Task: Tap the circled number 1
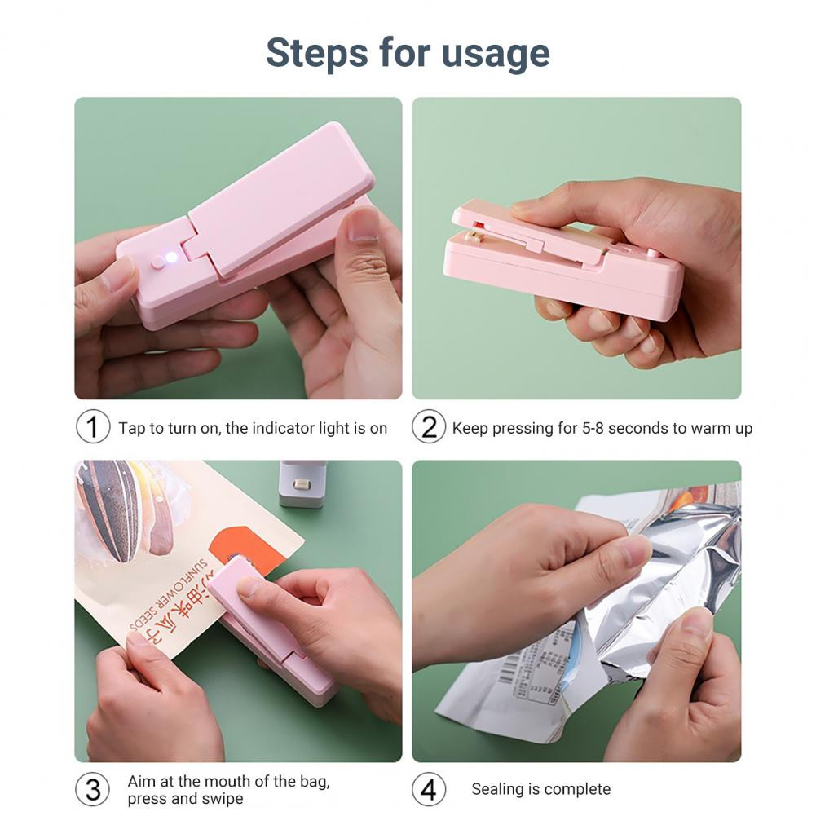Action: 92,427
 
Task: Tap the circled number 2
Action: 428,427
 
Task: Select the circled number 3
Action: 92,789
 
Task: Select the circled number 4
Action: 428,789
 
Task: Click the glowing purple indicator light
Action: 172,258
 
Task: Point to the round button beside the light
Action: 157,262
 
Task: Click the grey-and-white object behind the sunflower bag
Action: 301,484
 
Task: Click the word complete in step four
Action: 577,789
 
